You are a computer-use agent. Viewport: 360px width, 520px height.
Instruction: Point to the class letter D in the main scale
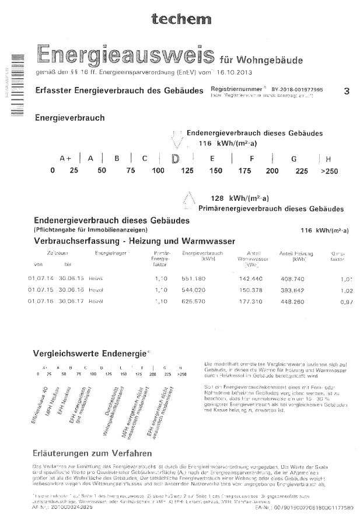(x=174, y=158)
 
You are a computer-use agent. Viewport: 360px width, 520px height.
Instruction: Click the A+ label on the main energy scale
(x=65, y=158)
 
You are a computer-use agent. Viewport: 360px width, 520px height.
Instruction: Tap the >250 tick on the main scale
(x=330, y=171)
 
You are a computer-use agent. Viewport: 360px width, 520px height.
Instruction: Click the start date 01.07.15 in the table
(x=39, y=289)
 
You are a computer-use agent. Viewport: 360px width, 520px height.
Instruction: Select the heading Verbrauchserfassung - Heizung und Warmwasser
(x=134, y=240)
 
